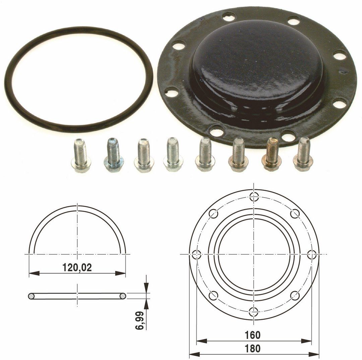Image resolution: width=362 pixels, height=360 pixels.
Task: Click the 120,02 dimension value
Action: click(x=77, y=268)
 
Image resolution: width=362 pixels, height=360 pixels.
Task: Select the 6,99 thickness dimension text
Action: click(x=140, y=321)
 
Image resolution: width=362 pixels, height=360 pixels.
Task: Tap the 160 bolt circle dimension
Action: click(x=253, y=335)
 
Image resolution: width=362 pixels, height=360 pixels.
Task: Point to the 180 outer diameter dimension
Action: click(x=253, y=349)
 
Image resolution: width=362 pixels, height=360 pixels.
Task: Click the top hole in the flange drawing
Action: click(x=254, y=196)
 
